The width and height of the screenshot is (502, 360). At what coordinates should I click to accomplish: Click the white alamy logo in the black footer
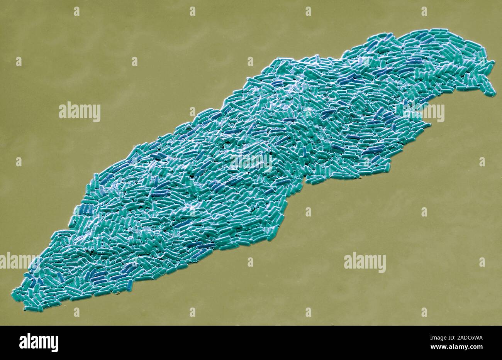tap(39, 343)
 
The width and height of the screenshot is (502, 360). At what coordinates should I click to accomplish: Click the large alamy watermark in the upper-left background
tap(80, 112)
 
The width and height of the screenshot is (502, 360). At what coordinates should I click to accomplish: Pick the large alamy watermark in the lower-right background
tap(365, 262)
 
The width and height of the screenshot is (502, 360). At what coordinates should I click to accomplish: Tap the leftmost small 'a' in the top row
tap(76, 11)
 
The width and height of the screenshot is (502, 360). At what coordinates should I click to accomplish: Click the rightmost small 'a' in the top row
tap(424, 11)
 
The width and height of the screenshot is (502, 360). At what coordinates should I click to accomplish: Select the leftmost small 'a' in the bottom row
tap(76, 312)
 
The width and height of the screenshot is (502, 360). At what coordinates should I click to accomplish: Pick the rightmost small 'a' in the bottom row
tap(424, 312)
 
